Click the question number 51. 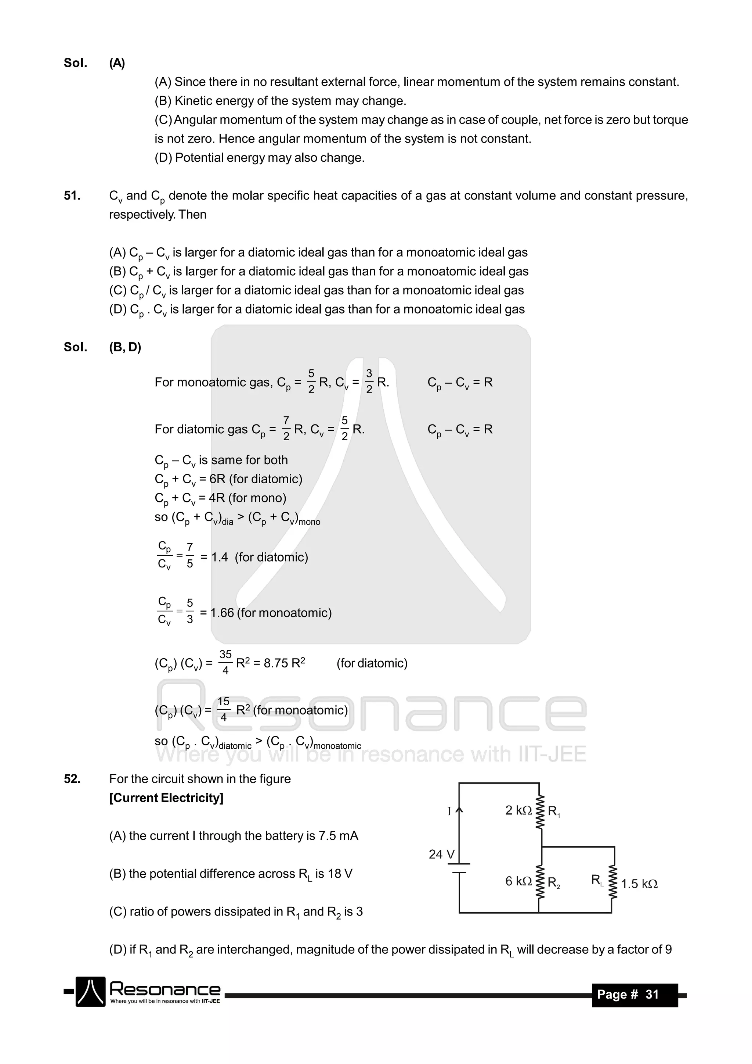click(72, 196)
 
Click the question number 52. click(72, 779)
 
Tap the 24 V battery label click(441, 854)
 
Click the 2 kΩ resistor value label click(518, 810)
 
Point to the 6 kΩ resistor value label click(518, 881)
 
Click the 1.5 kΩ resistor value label click(639, 884)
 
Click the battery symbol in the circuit click(459, 868)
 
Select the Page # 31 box click(634, 995)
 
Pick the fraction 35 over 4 click(225, 662)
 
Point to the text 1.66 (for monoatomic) click(271, 613)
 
